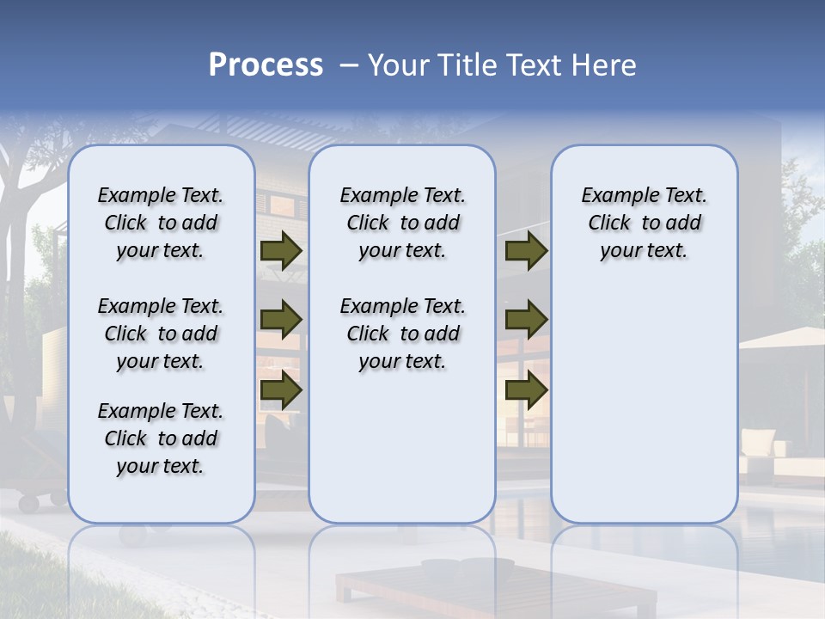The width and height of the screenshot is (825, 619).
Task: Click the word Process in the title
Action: tap(266, 65)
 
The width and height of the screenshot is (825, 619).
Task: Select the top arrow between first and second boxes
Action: tap(281, 250)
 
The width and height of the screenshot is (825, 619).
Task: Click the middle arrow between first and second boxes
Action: tap(281, 320)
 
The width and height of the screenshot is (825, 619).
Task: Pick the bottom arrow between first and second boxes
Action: tap(281, 390)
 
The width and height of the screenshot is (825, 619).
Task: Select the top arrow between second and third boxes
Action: tap(526, 250)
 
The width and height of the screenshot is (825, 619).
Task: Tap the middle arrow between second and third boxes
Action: tap(526, 320)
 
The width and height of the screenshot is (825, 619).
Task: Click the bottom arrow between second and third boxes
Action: tap(526, 390)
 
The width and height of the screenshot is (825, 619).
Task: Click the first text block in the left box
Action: tap(161, 223)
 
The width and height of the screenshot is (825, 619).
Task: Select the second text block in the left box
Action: tap(161, 334)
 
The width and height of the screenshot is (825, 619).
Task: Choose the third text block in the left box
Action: tap(161, 438)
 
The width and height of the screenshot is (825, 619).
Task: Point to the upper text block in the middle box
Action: tap(402, 223)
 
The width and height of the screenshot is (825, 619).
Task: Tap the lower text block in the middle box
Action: tap(402, 334)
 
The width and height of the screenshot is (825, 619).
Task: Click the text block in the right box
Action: tap(644, 223)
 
